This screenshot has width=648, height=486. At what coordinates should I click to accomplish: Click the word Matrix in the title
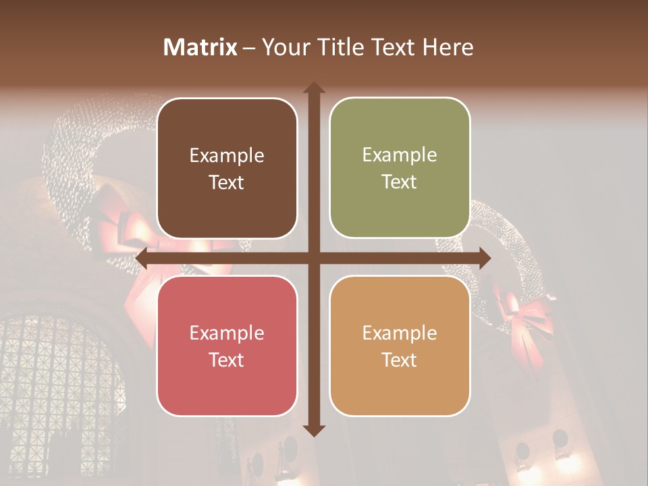200,47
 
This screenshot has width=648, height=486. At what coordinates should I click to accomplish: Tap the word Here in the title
448,47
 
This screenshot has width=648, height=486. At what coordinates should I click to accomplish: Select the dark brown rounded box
227,168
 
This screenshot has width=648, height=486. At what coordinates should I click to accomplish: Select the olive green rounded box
400,168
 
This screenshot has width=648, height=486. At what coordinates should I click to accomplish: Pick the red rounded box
227,346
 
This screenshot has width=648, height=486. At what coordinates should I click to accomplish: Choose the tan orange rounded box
400,346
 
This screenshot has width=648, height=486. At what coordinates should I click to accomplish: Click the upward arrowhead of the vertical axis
314,88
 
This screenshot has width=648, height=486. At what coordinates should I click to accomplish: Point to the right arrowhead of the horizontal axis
484,259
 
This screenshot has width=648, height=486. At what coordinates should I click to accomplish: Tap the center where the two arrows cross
314,259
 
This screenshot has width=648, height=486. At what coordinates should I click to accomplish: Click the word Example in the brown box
227,156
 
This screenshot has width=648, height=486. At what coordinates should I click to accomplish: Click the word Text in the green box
400,182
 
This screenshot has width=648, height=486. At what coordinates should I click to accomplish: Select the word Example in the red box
227,333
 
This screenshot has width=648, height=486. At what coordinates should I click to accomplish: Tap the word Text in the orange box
400,360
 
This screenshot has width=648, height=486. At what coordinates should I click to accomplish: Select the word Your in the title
281,47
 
